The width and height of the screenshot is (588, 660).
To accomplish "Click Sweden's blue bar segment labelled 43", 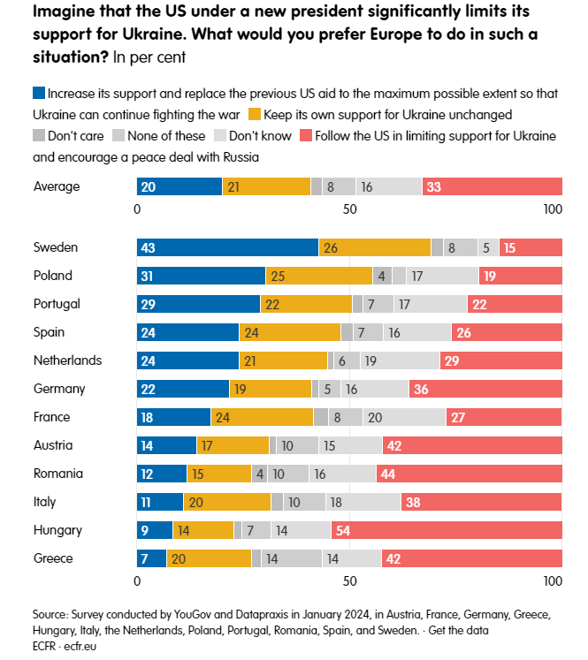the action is click(x=227, y=247).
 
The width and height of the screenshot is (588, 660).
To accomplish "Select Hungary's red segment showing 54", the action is click(x=447, y=530).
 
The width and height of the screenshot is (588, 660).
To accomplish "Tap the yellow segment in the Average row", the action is click(x=266, y=186).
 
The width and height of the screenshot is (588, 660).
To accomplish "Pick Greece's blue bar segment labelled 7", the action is click(x=151, y=558).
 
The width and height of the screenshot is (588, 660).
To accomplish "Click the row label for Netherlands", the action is click(x=68, y=360).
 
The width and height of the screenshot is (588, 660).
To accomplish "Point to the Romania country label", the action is click(x=58, y=474).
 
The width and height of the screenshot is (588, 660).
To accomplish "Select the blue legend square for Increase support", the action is click(x=39, y=93).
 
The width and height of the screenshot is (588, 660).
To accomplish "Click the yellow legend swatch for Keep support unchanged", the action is click(x=255, y=115).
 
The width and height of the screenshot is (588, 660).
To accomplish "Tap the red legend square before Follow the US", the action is click(x=306, y=135).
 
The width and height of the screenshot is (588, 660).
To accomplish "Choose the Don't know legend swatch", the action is click(x=220, y=135).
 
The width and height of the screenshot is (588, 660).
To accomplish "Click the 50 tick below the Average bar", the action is click(x=349, y=209).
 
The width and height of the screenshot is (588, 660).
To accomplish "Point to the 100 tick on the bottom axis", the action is click(x=553, y=581).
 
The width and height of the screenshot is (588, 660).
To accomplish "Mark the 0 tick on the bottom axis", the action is click(x=137, y=581).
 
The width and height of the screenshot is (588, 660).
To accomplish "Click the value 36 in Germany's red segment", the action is click(x=421, y=390).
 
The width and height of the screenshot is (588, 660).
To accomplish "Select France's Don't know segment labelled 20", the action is click(x=404, y=417).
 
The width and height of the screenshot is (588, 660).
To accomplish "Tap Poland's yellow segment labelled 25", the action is click(x=319, y=276).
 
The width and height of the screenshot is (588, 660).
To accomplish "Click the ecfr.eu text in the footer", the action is click(x=80, y=646).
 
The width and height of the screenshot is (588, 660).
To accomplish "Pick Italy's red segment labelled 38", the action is click(x=481, y=502).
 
